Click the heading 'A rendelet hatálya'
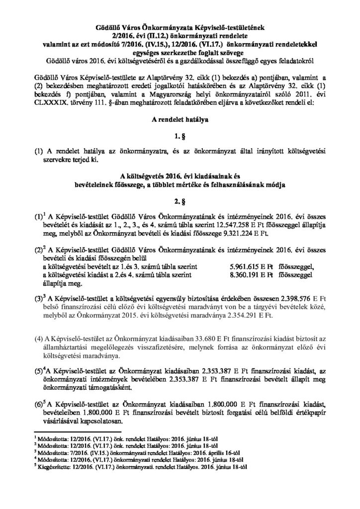(x=180, y=106)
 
